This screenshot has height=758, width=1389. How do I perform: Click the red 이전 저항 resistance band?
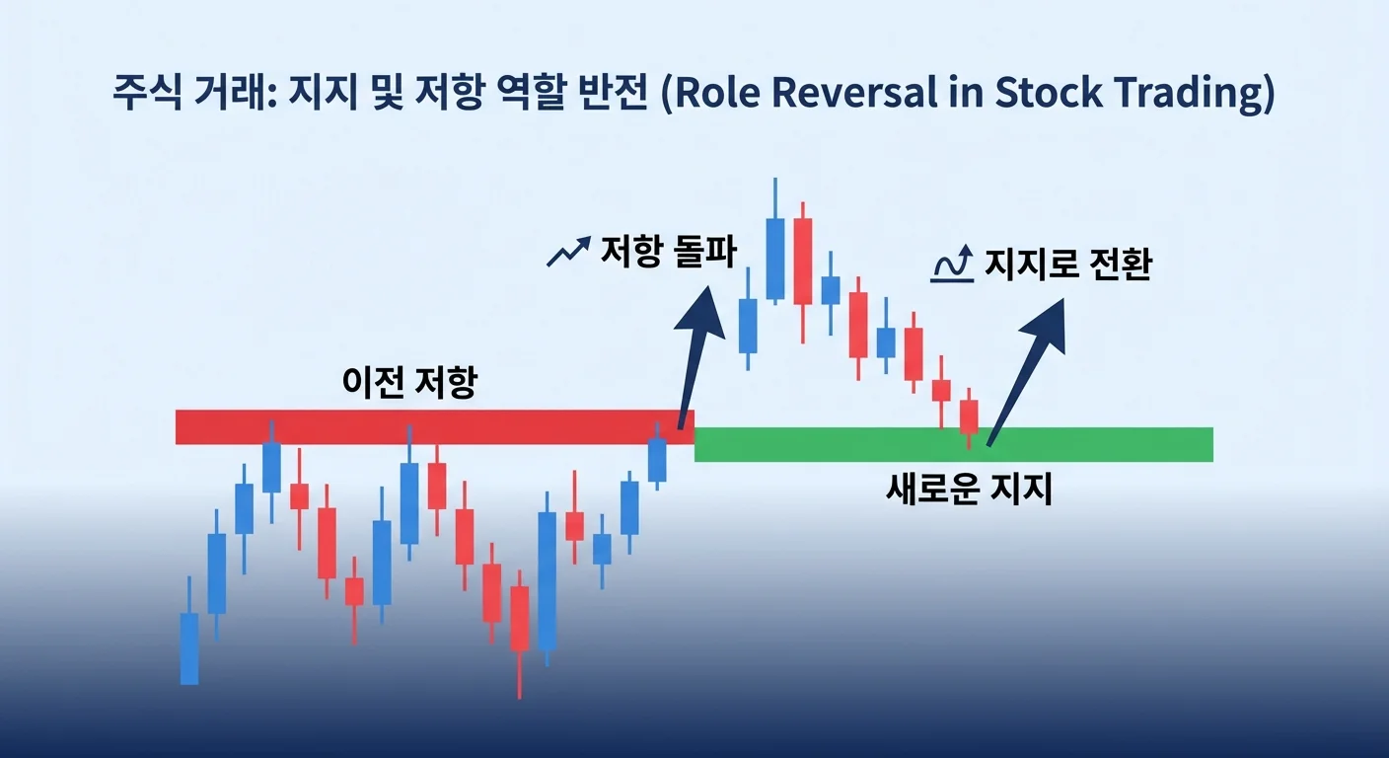[x=434, y=426]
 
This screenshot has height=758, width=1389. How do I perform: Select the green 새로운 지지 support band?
[x=953, y=444]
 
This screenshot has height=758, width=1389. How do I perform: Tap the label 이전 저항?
[x=408, y=383]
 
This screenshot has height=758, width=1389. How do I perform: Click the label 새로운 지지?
[x=970, y=489]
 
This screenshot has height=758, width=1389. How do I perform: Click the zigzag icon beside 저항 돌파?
[x=569, y=253]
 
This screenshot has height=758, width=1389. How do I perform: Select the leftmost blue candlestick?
[x=189, y=646]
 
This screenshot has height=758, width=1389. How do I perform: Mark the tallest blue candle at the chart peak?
[x=775, y=259]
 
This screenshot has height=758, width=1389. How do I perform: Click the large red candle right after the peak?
[x=802, y=262]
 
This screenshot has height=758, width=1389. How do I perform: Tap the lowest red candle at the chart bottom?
[x=519, y=619]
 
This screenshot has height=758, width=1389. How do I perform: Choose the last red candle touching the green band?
[x=969, y=417]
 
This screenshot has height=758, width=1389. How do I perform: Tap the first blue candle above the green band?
[x=748, y=326]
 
